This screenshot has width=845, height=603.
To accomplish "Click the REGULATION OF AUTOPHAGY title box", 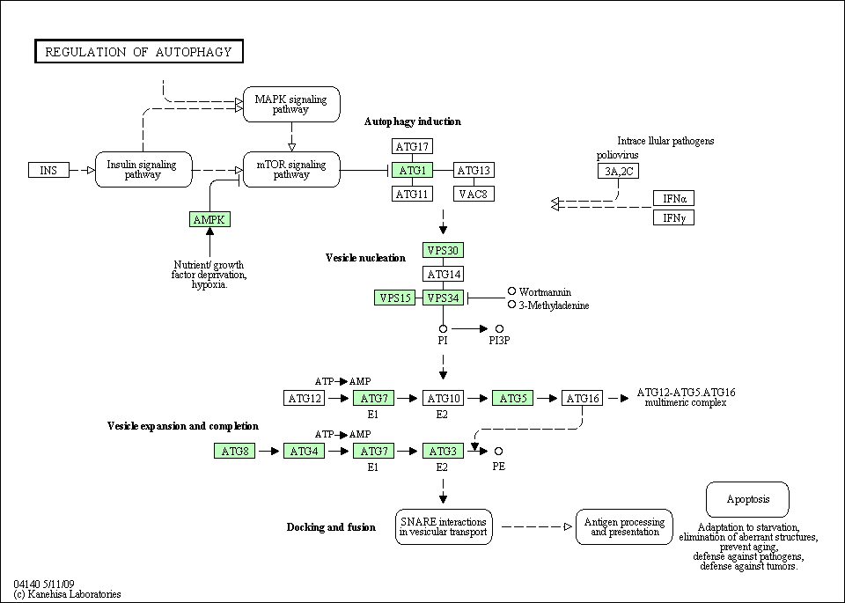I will tap(138, 52).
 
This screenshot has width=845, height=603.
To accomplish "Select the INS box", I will tap(48, 170).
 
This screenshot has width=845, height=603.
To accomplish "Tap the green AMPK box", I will tap(209, 219).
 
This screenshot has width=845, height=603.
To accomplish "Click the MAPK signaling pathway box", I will tap(291, 104).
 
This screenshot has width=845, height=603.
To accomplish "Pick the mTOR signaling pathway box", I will tap(291, 169).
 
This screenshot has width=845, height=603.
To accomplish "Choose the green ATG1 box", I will tap(412, 170).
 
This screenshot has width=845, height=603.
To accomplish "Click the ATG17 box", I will tap(412, 146).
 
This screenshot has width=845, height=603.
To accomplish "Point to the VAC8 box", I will tap(474, 194).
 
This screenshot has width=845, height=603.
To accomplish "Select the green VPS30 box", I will tap(442, 250).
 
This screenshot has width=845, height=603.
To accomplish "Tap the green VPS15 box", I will tap(394, 298).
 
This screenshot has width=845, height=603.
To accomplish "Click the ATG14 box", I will tap(442, 274).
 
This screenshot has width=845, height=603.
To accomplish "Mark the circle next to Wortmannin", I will tap(511, 290).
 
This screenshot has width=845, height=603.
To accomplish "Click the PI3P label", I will tap(500, 340).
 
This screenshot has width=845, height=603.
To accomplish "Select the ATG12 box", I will tap(305, 399).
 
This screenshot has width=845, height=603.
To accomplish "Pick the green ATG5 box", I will tap(512, 399).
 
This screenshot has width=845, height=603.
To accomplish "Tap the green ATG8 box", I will tap(234, 452).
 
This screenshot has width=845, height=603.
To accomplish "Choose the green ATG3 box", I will tap(442, 452).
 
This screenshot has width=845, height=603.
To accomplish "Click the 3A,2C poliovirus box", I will tap(617, 171).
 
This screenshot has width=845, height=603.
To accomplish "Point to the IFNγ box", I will tap(673, 217).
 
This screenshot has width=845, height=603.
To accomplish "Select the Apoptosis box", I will tap(747, 499).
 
